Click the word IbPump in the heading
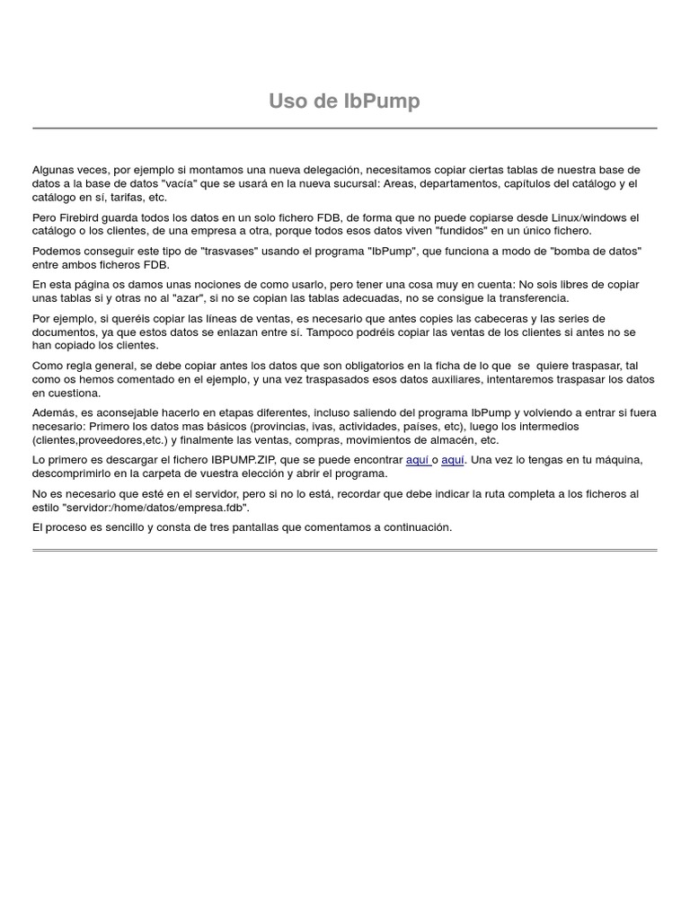(382, 102)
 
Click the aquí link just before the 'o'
(418, 460)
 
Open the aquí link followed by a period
(453, 460)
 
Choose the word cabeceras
(511, 319)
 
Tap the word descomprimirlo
(75, 473)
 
